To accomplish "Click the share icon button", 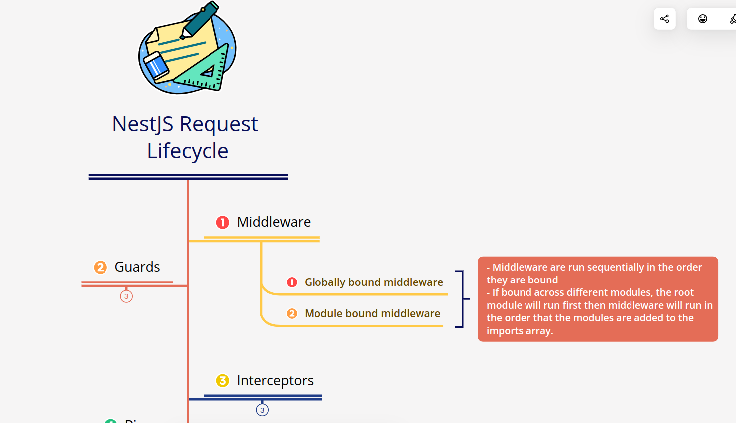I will click(x=664, y=19).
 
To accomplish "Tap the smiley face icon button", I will click(x=702, y=19).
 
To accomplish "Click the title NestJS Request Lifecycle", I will click(x=186, y=137).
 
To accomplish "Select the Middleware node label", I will click(x=274, y=222).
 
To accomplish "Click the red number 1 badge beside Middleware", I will click(x=222, y=222).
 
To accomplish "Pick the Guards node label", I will click(x=137, y=267).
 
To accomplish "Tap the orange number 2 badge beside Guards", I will click(x=101, y=268).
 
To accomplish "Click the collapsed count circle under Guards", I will click(x=126, y=296).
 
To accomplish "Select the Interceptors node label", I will click(x=275, y=381).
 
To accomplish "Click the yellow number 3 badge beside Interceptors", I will click(x=222, y=381).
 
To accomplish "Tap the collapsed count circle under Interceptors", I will click(x=262, y=410).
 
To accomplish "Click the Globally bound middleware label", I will click(x=374, y=282).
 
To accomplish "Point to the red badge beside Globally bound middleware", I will click(x=292, y=282).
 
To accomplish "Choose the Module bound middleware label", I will click(x=372, y=314).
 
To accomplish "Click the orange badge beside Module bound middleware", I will click(x=292, y=314).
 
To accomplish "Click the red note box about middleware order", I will click(x=597, y=299).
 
